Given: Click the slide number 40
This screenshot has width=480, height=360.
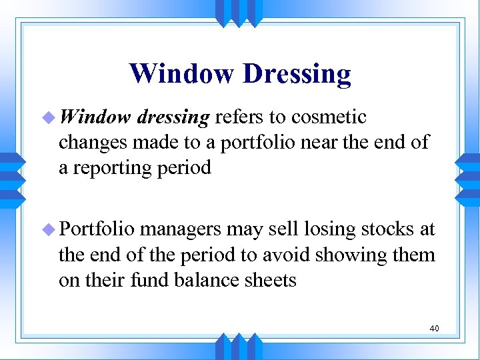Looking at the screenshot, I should tap(433, 328).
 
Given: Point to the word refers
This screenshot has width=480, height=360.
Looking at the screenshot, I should tap(239, 117).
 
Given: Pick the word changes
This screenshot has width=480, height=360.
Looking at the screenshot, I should tap(92, 143).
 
